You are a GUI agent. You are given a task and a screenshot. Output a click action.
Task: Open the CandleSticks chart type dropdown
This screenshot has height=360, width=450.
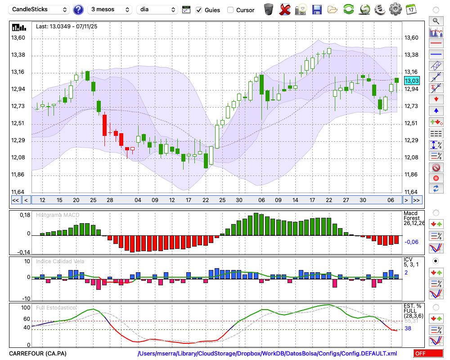(40, 9)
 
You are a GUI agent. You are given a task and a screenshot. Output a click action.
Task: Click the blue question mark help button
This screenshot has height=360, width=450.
(78, 9)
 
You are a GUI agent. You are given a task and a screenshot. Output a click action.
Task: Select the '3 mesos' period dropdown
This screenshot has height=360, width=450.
(110, 9)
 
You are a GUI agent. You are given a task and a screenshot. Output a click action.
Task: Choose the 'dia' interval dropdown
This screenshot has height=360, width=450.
(157, 9)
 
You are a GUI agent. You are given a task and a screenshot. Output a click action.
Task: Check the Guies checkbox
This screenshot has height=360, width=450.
(199, 10)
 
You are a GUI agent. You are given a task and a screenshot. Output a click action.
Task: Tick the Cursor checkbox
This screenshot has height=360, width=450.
(230, 10)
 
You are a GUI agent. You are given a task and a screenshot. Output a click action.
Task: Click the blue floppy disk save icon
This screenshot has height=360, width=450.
(317, 9)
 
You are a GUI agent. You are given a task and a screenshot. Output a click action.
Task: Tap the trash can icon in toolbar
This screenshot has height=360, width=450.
(269, 9)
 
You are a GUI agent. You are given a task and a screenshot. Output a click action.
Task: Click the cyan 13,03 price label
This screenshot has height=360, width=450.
(412, 81)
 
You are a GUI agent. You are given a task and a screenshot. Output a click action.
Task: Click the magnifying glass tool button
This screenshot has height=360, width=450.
(436, 21)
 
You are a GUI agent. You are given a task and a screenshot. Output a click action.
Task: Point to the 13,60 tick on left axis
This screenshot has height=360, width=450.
(18, 38)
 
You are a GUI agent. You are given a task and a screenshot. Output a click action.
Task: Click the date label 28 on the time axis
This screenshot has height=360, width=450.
(110, 200)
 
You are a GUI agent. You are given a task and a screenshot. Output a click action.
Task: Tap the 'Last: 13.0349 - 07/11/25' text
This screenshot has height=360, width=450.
(67, 27)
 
